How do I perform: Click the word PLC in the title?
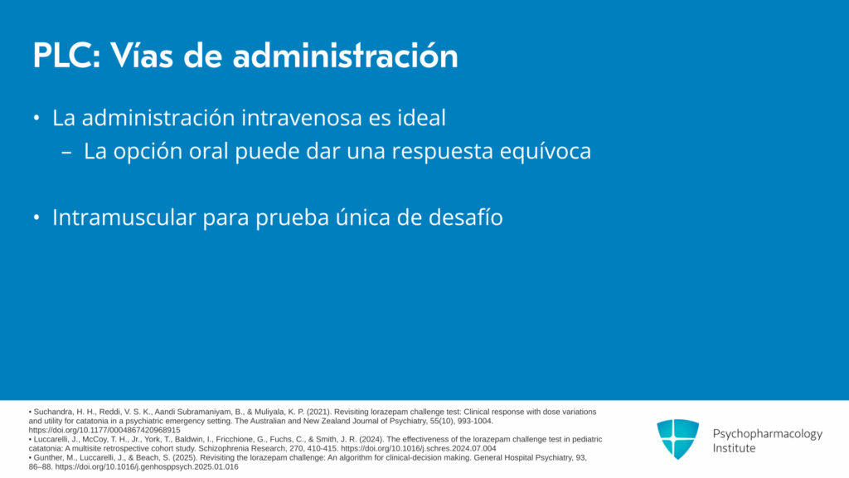66,56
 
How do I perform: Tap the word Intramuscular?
124,217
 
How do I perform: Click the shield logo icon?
677,439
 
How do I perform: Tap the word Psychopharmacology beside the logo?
767,435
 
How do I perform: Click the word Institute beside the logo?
734,448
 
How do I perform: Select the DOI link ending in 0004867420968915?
104,431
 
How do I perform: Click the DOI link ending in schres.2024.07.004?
419,449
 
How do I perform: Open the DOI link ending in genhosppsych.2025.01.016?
147,466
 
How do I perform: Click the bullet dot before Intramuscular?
36,218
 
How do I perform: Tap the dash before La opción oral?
66,153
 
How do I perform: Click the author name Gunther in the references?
46,458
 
